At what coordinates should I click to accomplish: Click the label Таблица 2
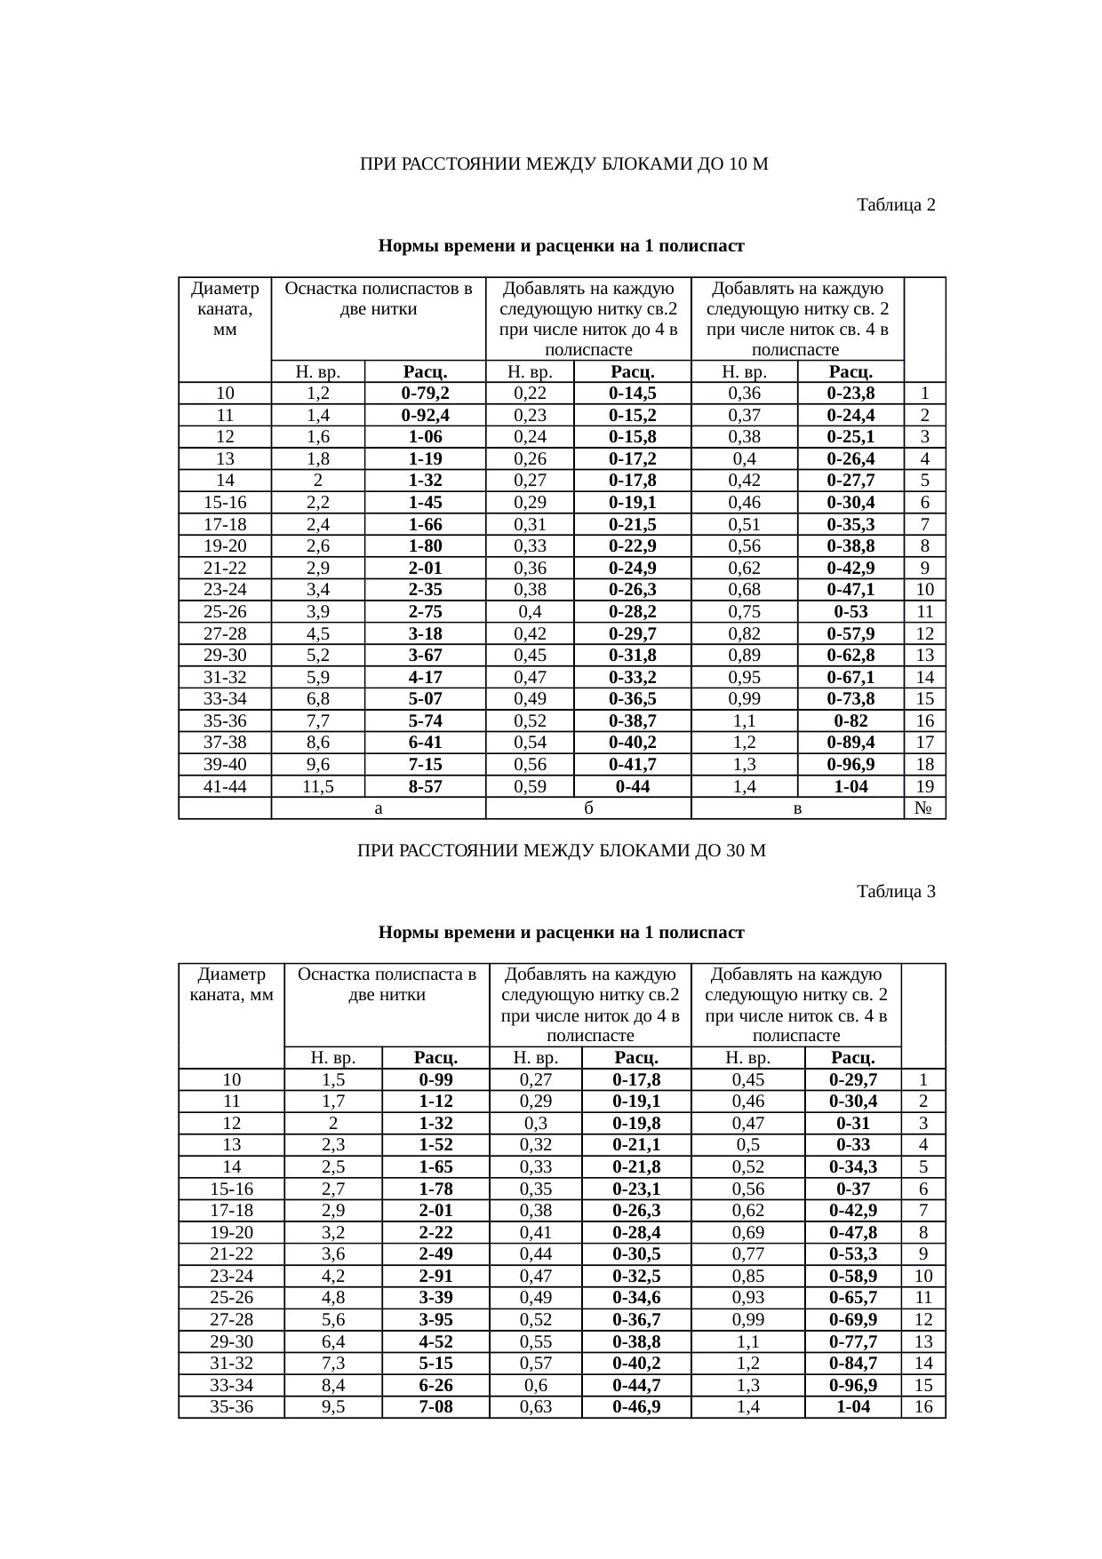pyautogui.click(x=895, y=205)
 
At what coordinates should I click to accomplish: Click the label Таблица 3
pyautogui.click(x=895, y=891)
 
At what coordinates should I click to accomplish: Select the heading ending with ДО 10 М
pyautogui.click(x=563, y=164)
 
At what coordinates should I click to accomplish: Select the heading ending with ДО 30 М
pyautogui.click(x=561, y=851)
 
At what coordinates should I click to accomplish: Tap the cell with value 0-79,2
pyautogui.click(x=425, y=394)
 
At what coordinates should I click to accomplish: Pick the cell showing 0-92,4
pyautogui.click(x=425, y=415)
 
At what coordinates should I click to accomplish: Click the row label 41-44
pyautogui.click(x=225, y=786)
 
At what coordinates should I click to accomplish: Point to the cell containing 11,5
pyautogui.click(x=318, y=786)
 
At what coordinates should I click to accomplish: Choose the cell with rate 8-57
pyautogui.click(x=425, y=786)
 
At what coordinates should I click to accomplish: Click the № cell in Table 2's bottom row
pyautogui.click(x=924, y=808)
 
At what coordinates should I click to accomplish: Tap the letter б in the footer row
pyautogui.click(x=588, y=808)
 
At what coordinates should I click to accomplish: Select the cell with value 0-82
pyautogui.click(x=850, y=720)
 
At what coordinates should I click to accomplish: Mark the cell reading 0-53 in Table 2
pyautogui.click(x=850, y=612)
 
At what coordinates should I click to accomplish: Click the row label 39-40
pyautogui.click(x=225, y=765)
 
